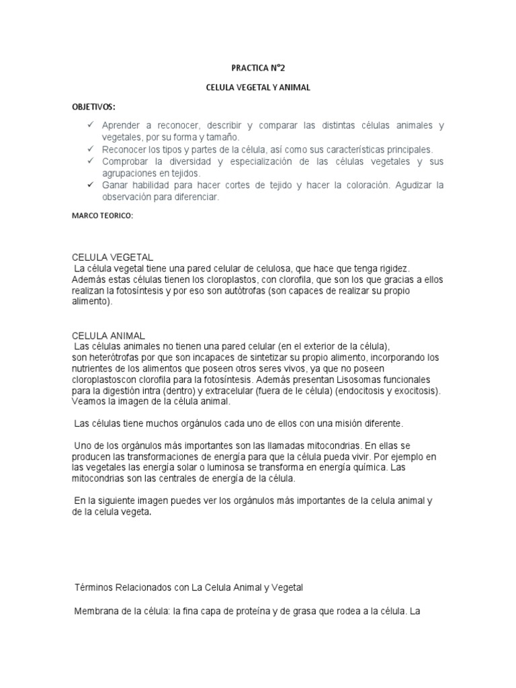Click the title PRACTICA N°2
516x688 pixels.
pos(258,68)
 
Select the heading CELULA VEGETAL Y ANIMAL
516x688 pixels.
pos(258,88)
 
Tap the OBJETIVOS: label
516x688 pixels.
pos(93,107)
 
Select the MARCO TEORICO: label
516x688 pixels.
pos(103,216)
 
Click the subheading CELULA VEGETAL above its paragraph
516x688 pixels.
pos(113,257)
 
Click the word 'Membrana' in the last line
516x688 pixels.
pos(95,611)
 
